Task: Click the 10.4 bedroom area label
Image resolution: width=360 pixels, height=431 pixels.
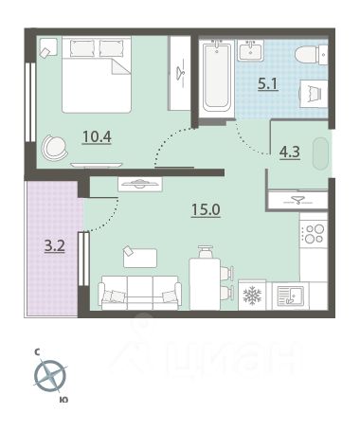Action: tap(97, 136)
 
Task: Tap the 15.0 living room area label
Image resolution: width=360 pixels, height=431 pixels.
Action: tap(206, 209)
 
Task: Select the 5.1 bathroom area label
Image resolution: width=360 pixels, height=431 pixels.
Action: tap(268, 84)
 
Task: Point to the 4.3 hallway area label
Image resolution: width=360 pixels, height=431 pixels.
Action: tap(290, 152)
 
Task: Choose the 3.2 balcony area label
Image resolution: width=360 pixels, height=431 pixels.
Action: tap(55, 246)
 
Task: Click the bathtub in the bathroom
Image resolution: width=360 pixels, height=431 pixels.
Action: tap(217, 78)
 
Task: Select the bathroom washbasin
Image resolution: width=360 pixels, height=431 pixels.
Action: tap(251, 51)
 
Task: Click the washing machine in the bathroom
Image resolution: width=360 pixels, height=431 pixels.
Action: tap(314, 94)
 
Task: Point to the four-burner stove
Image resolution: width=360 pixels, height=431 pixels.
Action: tap(314, 234)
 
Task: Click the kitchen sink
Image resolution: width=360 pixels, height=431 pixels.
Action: tap(290, 296)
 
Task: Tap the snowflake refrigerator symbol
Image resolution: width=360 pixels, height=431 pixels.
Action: tap(252, 296)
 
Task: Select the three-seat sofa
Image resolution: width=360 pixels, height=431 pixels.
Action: tap(139, 292)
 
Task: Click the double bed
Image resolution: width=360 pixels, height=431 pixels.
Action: tap(97, 75)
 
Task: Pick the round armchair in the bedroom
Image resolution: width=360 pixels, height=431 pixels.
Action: tap(54, 148)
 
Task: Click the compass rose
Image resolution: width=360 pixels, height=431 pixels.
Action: tap(50, 376)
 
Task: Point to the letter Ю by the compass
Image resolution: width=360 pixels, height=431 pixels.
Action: tap(63, 400)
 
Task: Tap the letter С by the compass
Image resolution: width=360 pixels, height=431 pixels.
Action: tap(37, 352)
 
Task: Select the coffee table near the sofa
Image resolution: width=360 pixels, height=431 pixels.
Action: tap(140, 258)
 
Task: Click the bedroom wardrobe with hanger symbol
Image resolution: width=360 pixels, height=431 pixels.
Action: tap(180, 73)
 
